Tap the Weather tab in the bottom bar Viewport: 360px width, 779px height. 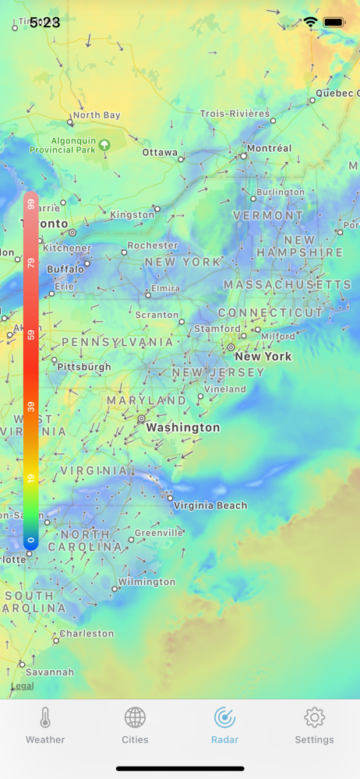tap(45, 726)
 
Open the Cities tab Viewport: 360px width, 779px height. tap(135, 726)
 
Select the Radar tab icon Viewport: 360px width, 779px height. tap(224, 717)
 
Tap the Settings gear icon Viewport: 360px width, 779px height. tap(314, 717)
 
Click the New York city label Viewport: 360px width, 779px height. tap(263, 357)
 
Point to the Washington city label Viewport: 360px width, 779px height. tap(183, 428)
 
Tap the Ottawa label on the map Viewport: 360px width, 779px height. tap(160, 153)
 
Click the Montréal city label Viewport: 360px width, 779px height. tap(269, 148)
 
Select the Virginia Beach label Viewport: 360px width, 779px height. tap(210, 506)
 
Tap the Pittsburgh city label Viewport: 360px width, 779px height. tap(84, 367)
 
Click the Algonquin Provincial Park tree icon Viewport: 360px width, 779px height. tap(104, 145)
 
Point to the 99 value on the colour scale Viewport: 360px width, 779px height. tap(31, 204)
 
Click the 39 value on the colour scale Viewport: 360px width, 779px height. tap(31, 407)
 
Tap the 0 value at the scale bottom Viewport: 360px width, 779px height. tap(31, 539)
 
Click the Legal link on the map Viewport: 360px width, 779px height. tap(22, 686)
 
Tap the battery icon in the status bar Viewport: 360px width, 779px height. tap(334, 23)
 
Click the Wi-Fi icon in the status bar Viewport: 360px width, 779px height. tap(310, 23)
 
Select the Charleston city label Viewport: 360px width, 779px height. tap(86, 633)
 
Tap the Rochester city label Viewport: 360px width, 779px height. tap(153, 245)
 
